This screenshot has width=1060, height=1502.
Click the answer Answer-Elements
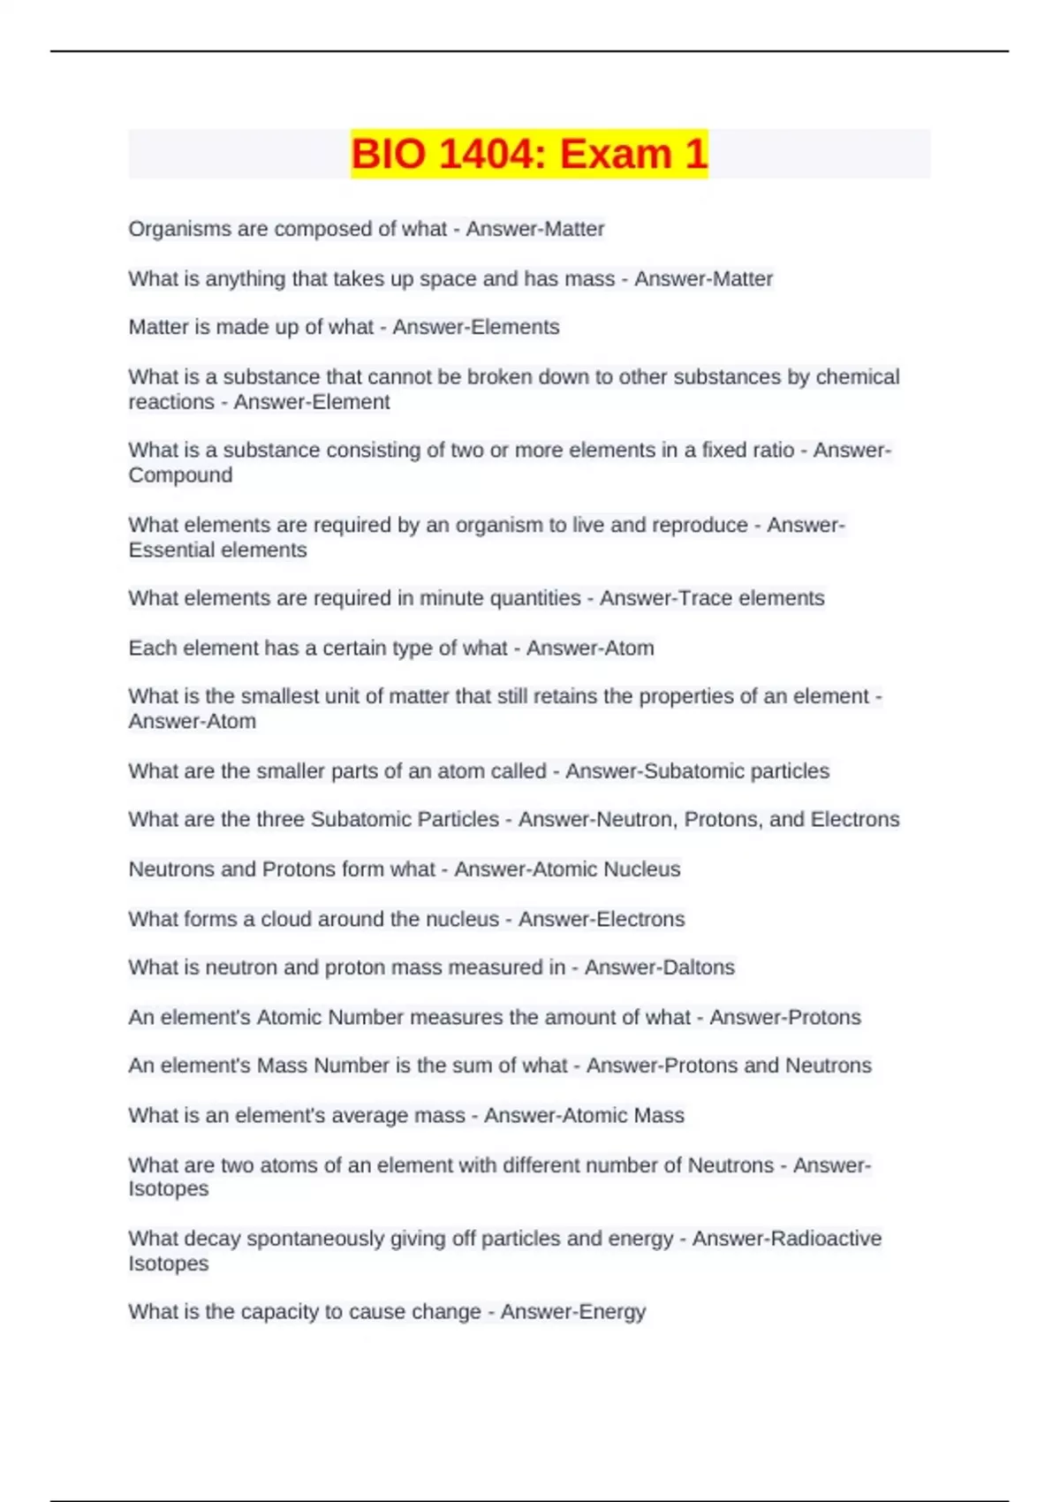point(476,327)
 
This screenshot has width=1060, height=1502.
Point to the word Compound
point(180,475)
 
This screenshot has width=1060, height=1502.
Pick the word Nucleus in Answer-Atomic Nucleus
point(641,869)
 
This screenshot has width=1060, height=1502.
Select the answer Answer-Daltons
point(660,967)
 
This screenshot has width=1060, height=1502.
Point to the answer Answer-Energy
point(573,1312)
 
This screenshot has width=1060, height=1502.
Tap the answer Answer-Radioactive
point(787,1239)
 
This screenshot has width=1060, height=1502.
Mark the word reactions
point(171,402)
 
